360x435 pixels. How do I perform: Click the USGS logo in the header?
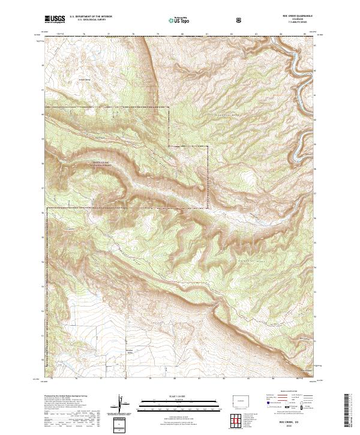(x=55, y=19)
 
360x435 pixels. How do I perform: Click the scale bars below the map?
(x=172, y=406)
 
